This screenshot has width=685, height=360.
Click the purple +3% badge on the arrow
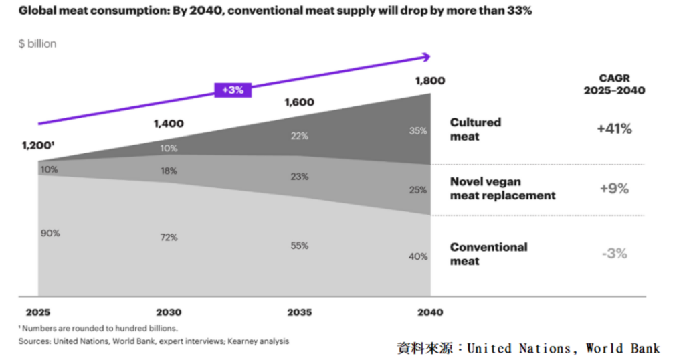click(232, 90)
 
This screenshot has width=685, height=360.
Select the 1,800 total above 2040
click(429, 81)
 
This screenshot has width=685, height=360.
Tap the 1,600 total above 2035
click(299, 102)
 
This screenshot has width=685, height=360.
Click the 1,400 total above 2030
click(169, 123)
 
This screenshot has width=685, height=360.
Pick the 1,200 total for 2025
click(39, 145)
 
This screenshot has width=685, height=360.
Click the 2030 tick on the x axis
click(169, 312)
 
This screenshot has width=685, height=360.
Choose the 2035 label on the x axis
click(299, 312)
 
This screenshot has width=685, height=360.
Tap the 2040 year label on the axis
click(429, 312)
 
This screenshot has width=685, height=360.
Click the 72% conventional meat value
click(169, 238)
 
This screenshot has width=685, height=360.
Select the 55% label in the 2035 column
click(299, 246)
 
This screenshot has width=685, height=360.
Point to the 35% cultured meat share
click(419, 131)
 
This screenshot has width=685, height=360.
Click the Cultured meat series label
click(476, 129)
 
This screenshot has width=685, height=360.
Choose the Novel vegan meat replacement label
click(502, 189)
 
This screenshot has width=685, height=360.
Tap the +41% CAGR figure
click(613, 129)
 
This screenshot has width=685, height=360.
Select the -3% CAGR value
click(613, 254)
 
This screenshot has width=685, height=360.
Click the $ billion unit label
click(37, 43)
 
